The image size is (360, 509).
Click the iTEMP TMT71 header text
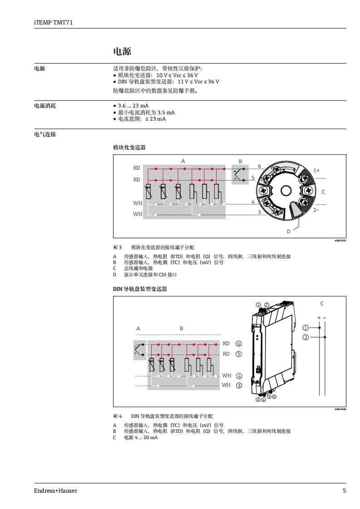[53, 22]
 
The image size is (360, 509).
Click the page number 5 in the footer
[344, 490]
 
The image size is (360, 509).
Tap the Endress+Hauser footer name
[55, 490]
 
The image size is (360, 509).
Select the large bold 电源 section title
[122, 51]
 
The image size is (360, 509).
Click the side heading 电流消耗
[45, 106]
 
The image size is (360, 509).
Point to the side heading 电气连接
[45, 134]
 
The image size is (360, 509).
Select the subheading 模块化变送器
[129, 147]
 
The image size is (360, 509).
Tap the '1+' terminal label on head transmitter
[316, 171]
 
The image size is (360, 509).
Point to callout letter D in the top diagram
[288, 231]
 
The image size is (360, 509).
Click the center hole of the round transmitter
[285, 190]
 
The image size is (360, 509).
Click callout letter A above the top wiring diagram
[183, 161]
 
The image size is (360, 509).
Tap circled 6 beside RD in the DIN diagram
[239, 344]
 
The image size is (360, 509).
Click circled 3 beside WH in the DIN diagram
[239, 386]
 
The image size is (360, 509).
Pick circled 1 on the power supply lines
[306, 328]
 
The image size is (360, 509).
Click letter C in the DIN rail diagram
[322, 303]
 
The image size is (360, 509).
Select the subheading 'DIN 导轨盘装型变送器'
[140, 289]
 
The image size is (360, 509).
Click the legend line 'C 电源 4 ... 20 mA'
[136, 437]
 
